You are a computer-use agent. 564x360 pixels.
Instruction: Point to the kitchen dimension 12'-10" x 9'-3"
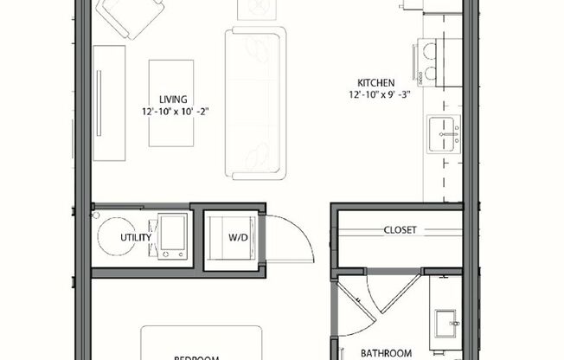[379, 94]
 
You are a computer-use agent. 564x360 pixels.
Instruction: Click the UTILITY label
[136, 237]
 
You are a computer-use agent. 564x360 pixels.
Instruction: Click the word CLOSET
[400, 230]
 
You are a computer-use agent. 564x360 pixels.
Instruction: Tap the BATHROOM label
[386, 352]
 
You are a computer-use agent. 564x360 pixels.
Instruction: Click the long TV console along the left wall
[109, 102]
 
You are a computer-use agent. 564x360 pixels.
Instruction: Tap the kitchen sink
[445, 134]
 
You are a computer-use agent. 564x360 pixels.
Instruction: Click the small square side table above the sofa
[257, 8]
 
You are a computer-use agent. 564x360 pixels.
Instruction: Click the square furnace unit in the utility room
[173, 235]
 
